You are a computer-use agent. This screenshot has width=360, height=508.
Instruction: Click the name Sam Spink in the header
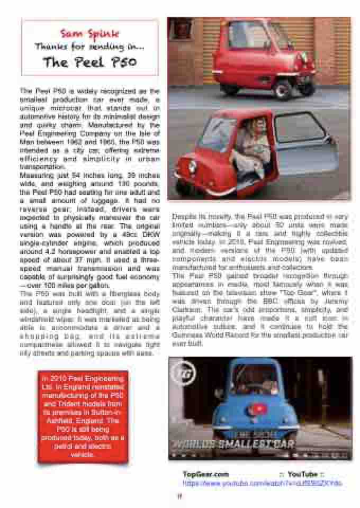[89, 34]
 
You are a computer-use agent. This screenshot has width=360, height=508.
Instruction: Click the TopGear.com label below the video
[205, 474]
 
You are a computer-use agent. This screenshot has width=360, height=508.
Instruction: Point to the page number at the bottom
[179, 496]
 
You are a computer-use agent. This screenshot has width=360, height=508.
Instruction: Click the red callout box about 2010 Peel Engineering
[83, 416]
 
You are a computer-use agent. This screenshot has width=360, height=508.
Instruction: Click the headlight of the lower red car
[192, 167]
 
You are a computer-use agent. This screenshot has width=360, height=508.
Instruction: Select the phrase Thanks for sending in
[89, 47]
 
